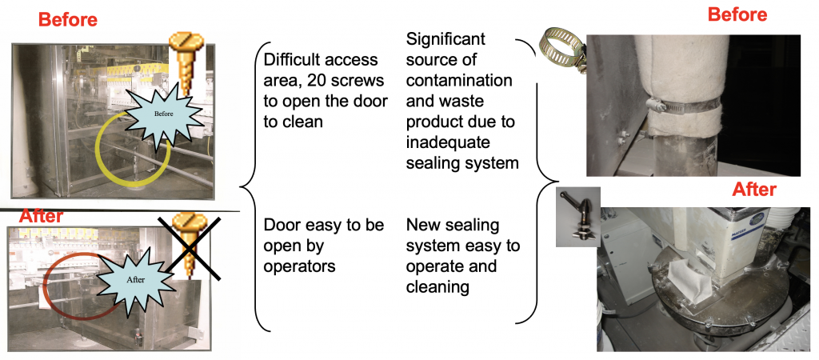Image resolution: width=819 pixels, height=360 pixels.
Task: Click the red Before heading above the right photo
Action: coord(737,14)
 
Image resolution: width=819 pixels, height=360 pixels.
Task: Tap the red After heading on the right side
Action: coord(754,190)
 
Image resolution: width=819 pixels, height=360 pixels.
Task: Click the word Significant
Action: coord(445,39)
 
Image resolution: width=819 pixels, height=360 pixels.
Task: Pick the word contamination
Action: coord(459,81)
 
